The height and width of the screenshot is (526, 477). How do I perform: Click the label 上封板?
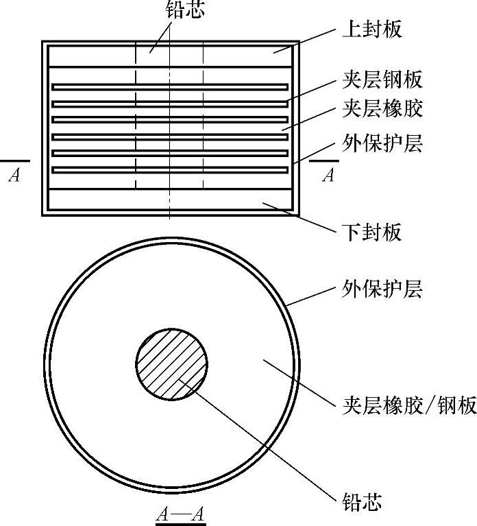click(x=371, y=31)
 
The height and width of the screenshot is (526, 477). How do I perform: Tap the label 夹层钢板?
click(x=382, y=80)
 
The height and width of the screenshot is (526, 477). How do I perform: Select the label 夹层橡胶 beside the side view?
click(x=382, y=109)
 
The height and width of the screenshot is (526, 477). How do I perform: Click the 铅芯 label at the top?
click(x=185, y=10)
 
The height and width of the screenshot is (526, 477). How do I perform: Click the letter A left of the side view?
click(x=14, y=176)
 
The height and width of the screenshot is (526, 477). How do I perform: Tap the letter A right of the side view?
click(x=328, y=176)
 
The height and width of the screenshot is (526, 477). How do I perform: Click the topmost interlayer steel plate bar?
click(x=170, y=87)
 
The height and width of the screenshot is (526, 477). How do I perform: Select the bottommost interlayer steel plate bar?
click(x=170, y=169)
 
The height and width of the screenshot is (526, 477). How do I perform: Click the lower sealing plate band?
click(x=103, y=200)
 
